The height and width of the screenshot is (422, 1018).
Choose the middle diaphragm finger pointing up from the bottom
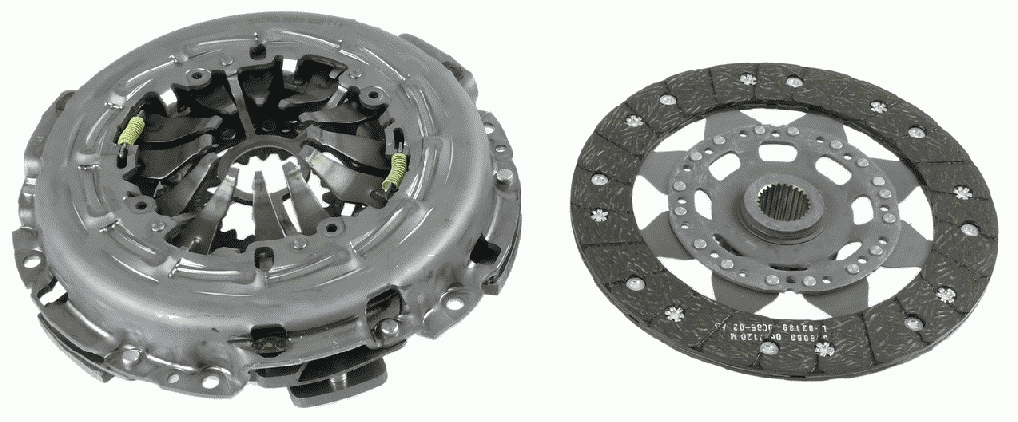tap(257, 203)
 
